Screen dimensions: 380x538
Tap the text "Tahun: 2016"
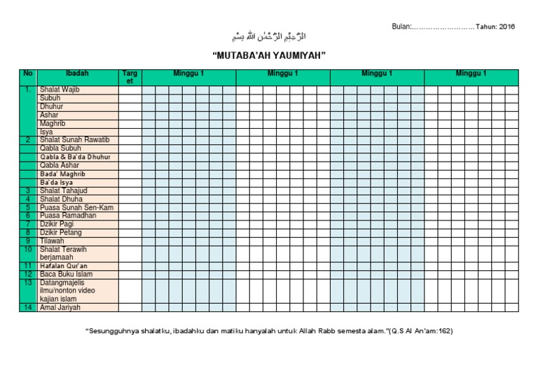click(x=495, y=27)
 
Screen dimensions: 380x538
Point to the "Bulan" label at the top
click(x=401, y=27)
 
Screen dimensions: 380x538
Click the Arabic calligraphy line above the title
click(x=269, y=36)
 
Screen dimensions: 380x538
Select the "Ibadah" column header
click(x=77, y=73)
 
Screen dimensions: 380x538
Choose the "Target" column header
click(x=130, y=77)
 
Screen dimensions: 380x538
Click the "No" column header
click(x=28, y=73)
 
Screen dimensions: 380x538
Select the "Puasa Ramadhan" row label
click(x=68, y=216)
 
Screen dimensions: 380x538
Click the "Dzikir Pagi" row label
click(x=57, y=224)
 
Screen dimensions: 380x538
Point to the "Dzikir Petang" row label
click(x=61, y=232)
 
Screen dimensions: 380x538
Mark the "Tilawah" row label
click(x=52, y=241)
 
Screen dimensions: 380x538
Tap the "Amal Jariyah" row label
click(x=60, y=307)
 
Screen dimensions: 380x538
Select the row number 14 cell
click(x=28, y=307)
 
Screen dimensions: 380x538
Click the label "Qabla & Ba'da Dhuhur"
click(x=75, y=157)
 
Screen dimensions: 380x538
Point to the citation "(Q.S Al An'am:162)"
click(x=420, y=330)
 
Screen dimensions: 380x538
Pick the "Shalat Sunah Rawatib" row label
click(x=75, y=140)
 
